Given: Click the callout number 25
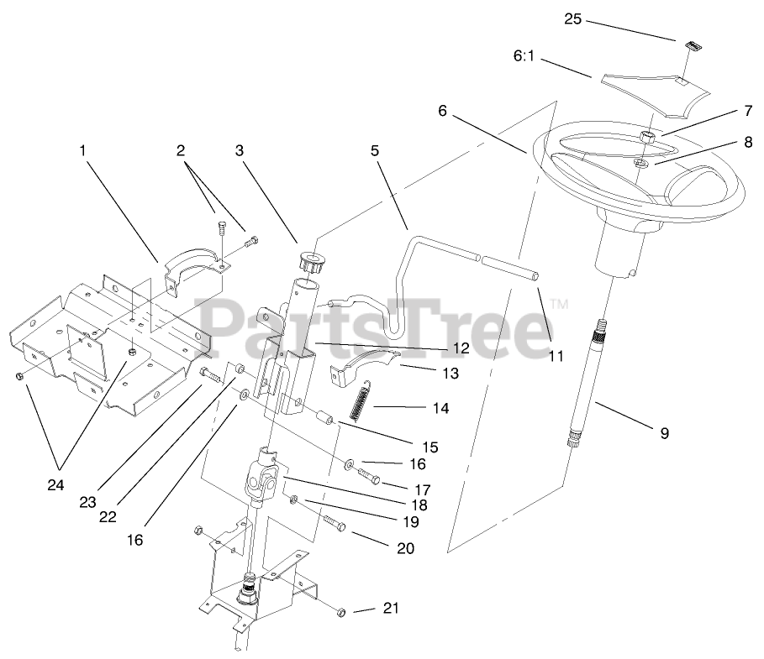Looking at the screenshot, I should point(572,18).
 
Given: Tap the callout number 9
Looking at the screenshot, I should point(664,433).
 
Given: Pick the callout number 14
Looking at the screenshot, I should point(440,409).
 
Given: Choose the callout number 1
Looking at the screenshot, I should point(82,150).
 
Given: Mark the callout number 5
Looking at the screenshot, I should point(375,150).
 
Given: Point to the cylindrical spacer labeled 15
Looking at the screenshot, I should point(323,416).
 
